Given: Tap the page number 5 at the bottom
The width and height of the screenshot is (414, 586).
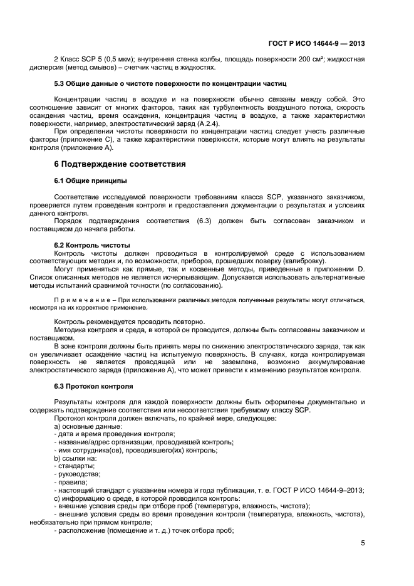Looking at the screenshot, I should [363, 543].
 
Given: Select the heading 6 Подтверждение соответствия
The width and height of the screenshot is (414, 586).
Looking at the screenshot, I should [120, 164].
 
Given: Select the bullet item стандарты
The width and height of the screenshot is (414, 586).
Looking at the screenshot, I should [76, 466].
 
